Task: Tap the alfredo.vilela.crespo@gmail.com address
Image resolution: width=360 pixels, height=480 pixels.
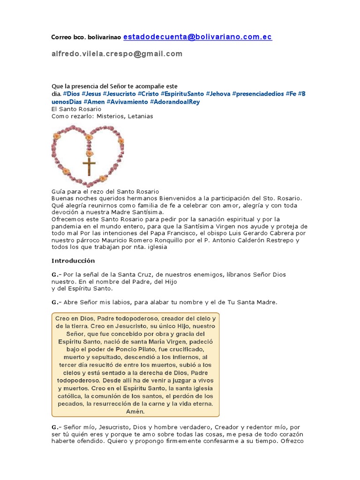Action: click(117, 54)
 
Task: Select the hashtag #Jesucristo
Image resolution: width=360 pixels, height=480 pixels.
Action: click(119, 94)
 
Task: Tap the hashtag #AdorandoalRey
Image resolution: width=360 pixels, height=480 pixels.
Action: click(174, 102)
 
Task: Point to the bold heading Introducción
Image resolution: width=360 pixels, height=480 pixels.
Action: click(73, 261)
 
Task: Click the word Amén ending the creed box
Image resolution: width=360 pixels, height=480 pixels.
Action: click(135, 412)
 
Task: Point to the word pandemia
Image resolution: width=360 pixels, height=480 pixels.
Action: click(67, 226)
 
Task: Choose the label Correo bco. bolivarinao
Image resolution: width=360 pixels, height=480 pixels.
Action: click(86, 37)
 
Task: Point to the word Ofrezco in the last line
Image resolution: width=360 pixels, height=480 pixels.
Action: click(292, 441)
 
